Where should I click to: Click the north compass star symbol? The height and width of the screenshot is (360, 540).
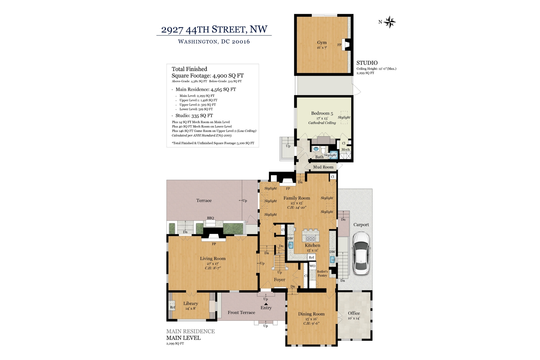pyautogui.click(x=390, y=22)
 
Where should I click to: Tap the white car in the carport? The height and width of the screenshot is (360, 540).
pyautogui.click(x=361, y=253)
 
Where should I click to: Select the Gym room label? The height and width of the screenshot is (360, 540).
pyautogui.click(x=322, y=43)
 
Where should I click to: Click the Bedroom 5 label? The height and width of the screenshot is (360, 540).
pyautogui.click(x=322, y=113)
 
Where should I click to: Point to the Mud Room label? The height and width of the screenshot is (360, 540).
pyautogui.click(x=323, y=167)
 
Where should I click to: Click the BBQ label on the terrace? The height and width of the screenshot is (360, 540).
pyautogui.click(x=210, y=218)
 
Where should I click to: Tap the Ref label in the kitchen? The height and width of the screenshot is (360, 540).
pyautogui.click(x=311, y=257)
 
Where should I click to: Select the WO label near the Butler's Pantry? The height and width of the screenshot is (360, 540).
pyautogui.click(x=312, y=266)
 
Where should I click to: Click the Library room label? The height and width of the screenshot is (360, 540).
pyautogui.click(x=190, y=304)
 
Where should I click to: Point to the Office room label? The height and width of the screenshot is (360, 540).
pyautogui.click(x=354, y=313)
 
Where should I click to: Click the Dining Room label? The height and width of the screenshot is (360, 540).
pyautogui.click(x=311, y=314)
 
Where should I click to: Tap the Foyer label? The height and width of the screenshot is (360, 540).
pyautogui.click(x=279, y=280)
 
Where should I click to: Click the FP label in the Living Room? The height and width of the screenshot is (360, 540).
pyautogui.click(x=214, y=244)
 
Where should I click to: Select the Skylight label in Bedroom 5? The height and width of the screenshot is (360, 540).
pyautogui.click(x=344, y=118)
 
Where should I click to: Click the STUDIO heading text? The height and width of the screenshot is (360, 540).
pyautogui.click(x=367, y=63)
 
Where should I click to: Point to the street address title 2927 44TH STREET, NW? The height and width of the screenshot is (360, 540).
pyautogui.click(x=214, y=29)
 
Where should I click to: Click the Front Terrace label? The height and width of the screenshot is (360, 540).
pyautogui.click(x=241, y=313)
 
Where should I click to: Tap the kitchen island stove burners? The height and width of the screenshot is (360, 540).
pyautogui.click(x=310, y=239)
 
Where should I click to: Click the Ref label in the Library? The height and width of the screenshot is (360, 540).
pyautogui.click(x=172, y=307)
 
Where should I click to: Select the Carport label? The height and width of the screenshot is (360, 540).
pyautogui.click(x=361, y=225)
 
